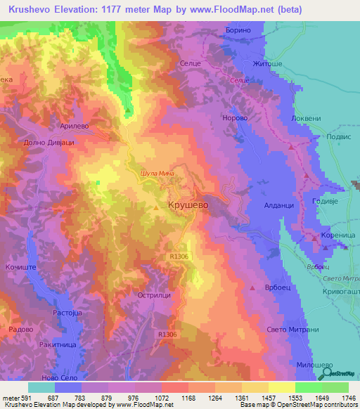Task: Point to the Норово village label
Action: click(x=236, y=119)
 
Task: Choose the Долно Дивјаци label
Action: click(x=49, y=142)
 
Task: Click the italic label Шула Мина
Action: click(x=157, y=173)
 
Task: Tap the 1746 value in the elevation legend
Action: click(x=349, y=396)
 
